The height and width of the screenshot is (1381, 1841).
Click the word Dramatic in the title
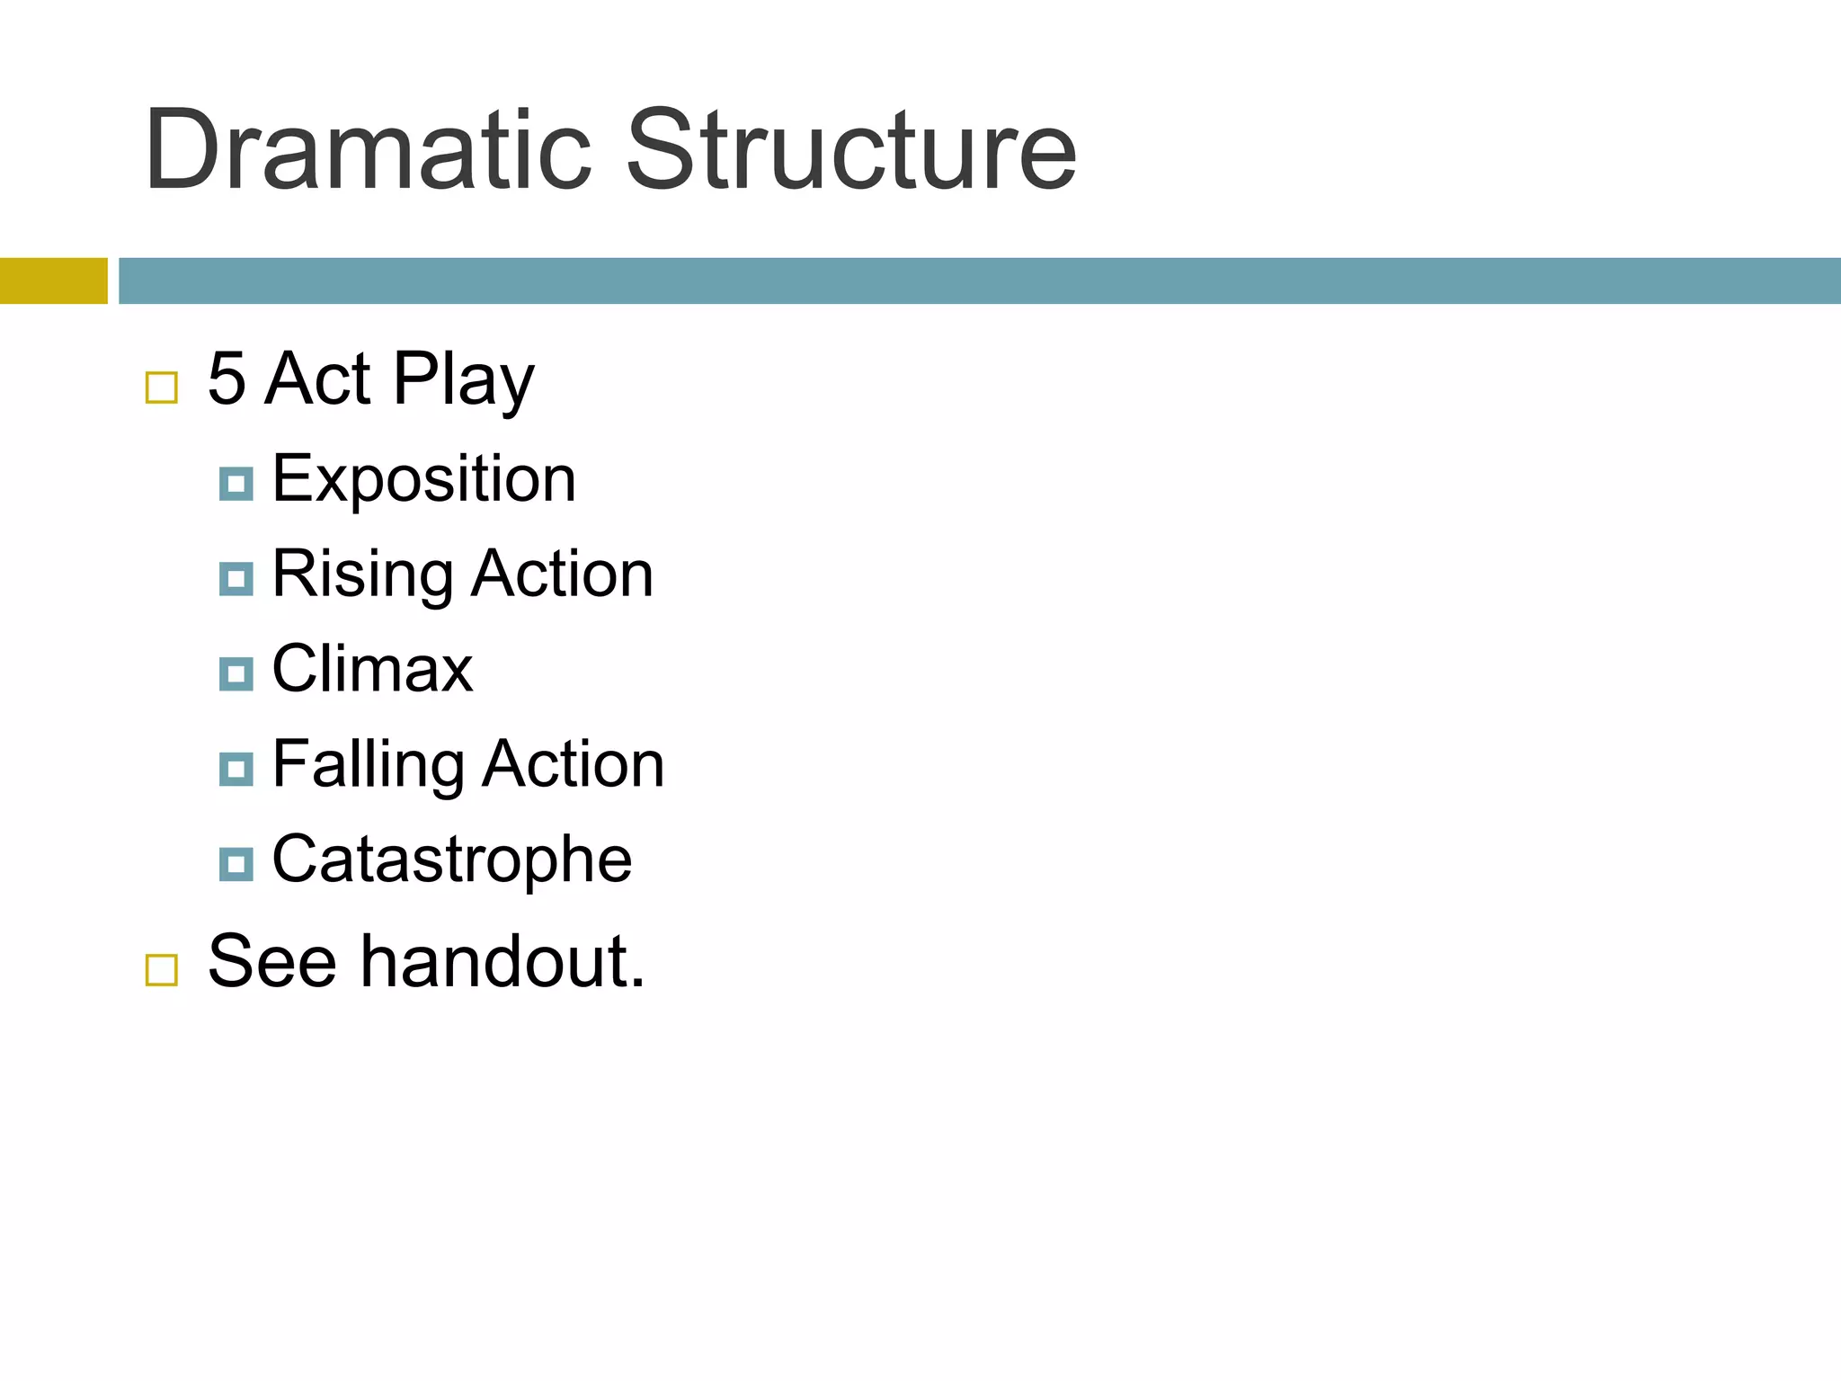[x=367, y=150]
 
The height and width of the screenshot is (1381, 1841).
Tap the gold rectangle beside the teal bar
[x=53, y=281]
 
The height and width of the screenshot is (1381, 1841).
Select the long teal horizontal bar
[x=979, y=281]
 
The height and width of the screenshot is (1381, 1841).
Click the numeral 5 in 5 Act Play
[x=227, y=379]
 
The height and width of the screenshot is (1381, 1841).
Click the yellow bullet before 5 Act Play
[x=162, y=388]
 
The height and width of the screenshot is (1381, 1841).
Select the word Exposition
[x=423, y=479]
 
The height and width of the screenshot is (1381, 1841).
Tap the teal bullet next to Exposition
[x=236, y=484]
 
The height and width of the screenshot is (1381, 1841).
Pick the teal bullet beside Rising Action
[x=236, y=579]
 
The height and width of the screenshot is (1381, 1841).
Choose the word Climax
[x=372, y=669]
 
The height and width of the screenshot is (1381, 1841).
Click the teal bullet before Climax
[x=236, y=673]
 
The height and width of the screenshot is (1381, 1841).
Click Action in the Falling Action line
[x=574, y=765]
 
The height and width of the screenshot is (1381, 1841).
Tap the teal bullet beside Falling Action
[x=236, y=769]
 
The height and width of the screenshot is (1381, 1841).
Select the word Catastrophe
[x=451, y=860]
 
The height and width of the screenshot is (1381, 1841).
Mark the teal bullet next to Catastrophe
[x=236, y=864]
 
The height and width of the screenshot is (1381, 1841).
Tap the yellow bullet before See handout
[x=162, y=970]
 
